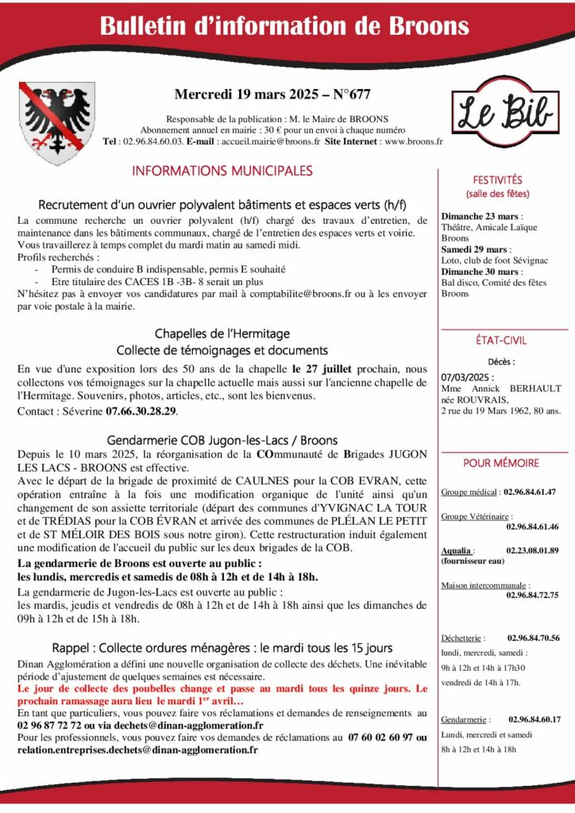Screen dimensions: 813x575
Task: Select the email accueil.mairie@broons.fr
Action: [x=269, y=141]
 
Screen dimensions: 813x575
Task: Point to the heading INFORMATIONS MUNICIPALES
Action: [x=222, y=171]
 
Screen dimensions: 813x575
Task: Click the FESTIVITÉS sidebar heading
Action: [x=497, y=180]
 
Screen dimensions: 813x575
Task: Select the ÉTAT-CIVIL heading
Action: [x=503, y=341]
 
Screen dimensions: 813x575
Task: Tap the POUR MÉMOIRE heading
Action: [x=501, y=463]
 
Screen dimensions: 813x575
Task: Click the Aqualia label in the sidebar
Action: [x=457, y=549]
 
